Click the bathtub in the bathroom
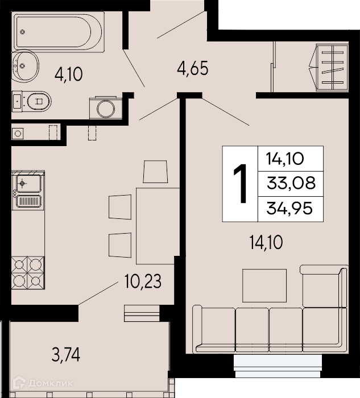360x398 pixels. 59,32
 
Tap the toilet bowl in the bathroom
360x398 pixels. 39,101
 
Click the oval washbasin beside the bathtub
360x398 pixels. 26,66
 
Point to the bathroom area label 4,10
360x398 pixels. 69,74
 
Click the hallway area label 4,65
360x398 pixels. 193,68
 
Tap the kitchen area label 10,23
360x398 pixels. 143,281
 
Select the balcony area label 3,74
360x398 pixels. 66,355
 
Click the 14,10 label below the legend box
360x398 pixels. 266,242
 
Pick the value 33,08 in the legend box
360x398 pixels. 291,183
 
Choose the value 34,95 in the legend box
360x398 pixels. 289,209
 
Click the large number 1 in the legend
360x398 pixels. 240,183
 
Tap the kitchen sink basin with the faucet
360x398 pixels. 28,183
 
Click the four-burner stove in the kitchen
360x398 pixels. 28,273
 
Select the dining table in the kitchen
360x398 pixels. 158,226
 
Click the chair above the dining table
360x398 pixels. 155,171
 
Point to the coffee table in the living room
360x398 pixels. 264,285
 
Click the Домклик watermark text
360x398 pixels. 51,383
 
